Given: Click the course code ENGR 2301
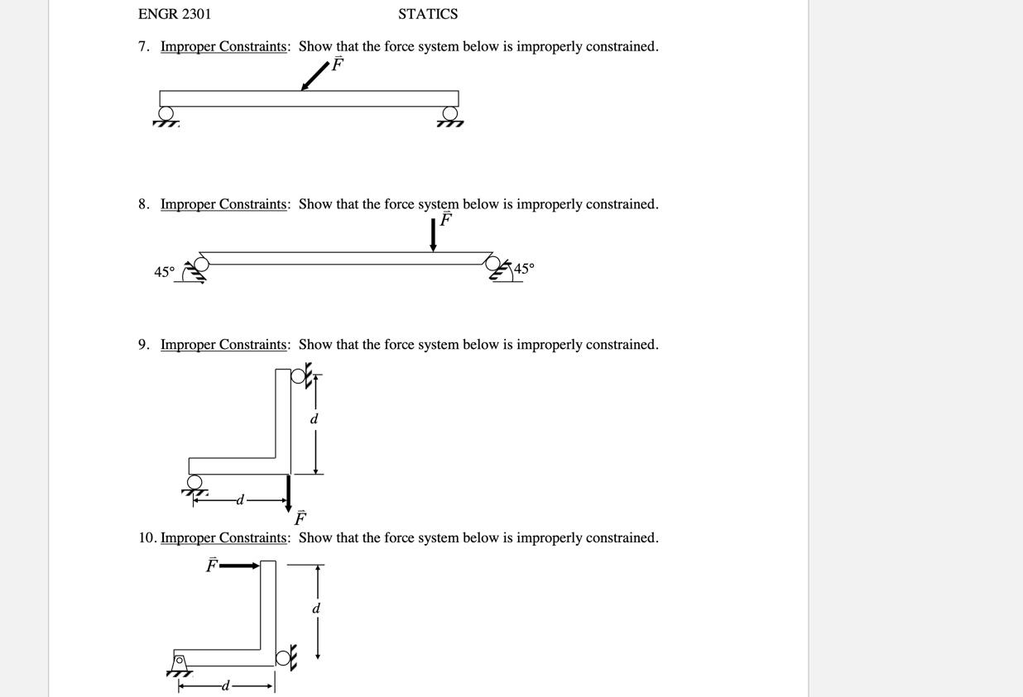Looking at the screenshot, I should pos(175,14).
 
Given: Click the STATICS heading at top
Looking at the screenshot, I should pos(427,14).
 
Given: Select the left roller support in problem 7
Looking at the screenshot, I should pos(166,114).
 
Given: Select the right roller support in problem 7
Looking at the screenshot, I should pos(450,114).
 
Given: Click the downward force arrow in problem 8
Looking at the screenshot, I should pos(433,235).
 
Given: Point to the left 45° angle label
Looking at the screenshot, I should pos(164,272).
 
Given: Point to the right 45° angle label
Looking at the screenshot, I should pos(524,269).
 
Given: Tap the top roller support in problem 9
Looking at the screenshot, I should pos(300,376).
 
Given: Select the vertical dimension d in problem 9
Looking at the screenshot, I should pos(314,419).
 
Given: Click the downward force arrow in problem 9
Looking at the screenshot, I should pos(288,491).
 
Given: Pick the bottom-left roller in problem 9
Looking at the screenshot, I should pos(195,483).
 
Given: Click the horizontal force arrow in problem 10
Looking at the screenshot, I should pos(240,566).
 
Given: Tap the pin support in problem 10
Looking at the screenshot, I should pos(179,662).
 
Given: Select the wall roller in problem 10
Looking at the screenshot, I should pos(283,658).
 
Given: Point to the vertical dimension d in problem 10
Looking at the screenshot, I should pos(315,609).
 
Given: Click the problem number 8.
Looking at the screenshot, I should pos(144,204).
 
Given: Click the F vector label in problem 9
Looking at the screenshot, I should pos(300,518).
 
